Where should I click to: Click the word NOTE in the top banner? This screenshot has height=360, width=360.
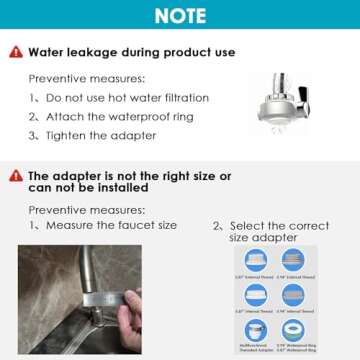[x=180, y=16]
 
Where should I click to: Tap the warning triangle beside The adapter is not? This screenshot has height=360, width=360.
[x=15, y=176]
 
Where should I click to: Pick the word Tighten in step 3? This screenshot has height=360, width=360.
[x=65, y=134]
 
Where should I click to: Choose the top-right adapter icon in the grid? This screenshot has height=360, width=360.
[x=292, y=259]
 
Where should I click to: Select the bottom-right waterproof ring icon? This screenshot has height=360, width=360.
[x=292, y=329]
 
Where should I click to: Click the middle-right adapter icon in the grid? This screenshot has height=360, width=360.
[x=292, y=294]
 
